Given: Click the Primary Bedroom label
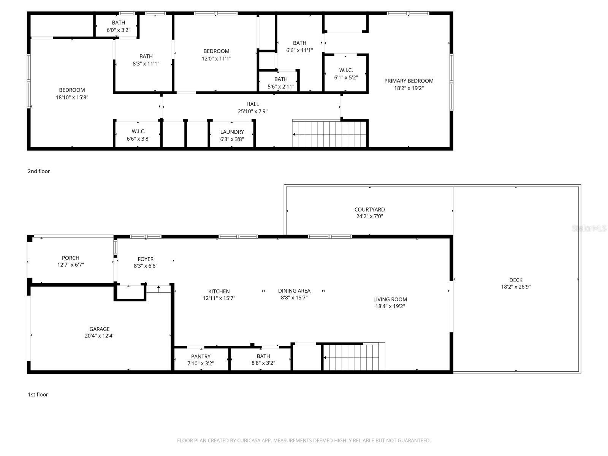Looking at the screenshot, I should pyautogui.click(x=409, y=81).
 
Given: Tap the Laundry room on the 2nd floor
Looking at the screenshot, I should pyautogui.click(x=232, y=135).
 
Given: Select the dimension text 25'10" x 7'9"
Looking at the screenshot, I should pyautogui.click(x=253, y=111).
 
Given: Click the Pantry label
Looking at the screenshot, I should pyautogui.click(x=201, y=356).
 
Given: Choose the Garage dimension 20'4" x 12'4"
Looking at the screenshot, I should pyautogui.click(x=100, y=336).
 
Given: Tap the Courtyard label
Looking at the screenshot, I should pyautogui.click(x=369, y=209).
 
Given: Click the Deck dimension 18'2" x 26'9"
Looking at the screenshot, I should pyautogui.click(x=516, y=287).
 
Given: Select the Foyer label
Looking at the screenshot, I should pyautogui.click(x=146, y=259).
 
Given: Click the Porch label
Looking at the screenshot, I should pyautogui.click(x=71, y=258).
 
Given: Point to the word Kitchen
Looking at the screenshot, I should pyautogui.click(x=219, y=291).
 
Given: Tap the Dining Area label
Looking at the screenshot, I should pyautogui.click(x=294, y=291).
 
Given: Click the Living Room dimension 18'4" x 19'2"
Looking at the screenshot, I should pyautogui.click(x=390, y=306).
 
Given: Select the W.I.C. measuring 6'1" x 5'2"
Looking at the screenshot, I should pyautogui.click(x=346, y=74).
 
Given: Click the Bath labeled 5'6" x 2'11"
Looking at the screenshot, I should pyautogui.click(x=281, y=82).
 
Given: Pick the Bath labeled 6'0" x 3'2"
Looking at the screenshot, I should pyautogui.click(x=119, y=26).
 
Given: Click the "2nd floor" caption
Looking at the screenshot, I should pyautogui.click(x=39, y=171).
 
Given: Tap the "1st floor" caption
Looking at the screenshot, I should pyautogui.click(x=38, y=394).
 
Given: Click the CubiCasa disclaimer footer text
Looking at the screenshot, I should pyautogui.click(x=304, y=441).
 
